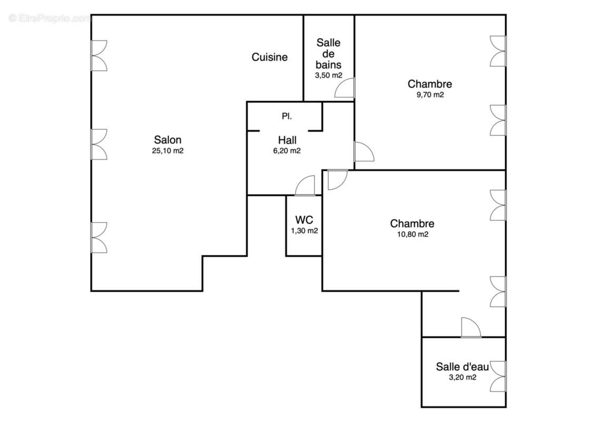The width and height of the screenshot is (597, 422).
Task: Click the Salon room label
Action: [x=168, y=140]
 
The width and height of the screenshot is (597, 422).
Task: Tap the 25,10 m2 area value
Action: [x=168, y=150]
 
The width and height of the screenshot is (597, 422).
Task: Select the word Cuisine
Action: [x=269, y=57]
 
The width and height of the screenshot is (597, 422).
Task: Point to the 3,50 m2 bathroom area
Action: [x=329, y=75]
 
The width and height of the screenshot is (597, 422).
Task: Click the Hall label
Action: [x=287, y=140]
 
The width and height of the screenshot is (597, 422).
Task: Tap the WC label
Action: [x=304, y=219]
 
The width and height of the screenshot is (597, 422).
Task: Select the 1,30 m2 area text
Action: [x=304, y=231]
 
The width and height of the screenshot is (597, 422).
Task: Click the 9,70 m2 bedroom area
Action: [x=430, y=95]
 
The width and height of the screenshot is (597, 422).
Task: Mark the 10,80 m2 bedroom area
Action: [x=412, y=235]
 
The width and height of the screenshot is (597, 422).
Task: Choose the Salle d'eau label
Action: [x=462, y=367]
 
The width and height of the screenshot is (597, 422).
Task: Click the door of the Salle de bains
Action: [x=345, y=89]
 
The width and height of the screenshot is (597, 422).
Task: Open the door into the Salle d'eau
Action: [x=470, y=328]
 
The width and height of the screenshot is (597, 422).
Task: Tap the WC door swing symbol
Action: [x=305, y=186]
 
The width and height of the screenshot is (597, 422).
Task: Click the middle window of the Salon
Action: [x=99, y=144]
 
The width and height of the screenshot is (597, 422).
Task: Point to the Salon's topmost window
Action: [x=99, y=55]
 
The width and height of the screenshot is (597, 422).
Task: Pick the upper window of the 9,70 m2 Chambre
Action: [x=498, y=51]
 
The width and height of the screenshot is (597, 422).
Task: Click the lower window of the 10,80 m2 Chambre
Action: [x=498, y=291]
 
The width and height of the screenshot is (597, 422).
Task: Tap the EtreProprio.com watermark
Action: [x=50, y=18]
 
